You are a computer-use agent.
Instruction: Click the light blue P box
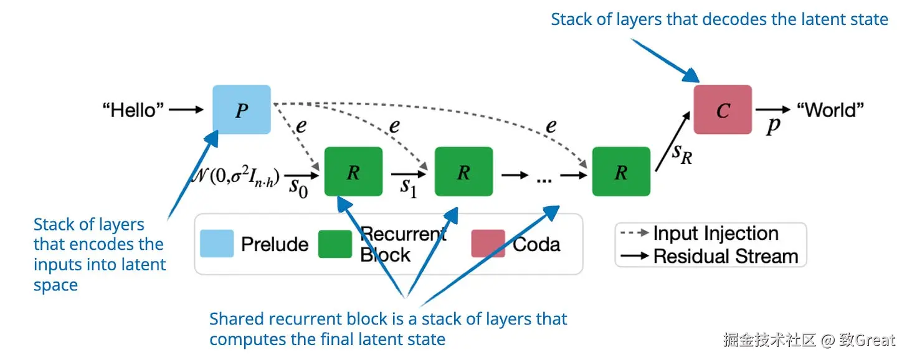pyautogui.click(x=242, y=110)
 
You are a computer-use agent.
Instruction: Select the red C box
pyautogui.click(x=723, y=110)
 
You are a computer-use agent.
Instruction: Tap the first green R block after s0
pyautogui.click(x=353, y=171)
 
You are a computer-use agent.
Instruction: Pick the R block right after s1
pyautogui.click(x=463, y=171)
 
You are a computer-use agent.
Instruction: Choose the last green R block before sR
pyautogui.click(x=621, y=171)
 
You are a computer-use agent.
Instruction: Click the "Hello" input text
pyautogui.click(x=133, y=110)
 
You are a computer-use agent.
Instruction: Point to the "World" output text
pyautogui.click(x=831, y=110)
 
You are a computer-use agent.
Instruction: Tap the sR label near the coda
pyautogui.click(x=682, y=153)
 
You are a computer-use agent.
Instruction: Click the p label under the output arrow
pyautogui.click(x=772, y=126)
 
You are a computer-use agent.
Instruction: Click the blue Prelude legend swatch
pyautogui.click(x=217, y=244)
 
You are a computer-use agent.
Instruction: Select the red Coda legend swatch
pyautogui.click(x=488, y=244)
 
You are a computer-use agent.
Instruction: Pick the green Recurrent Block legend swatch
pyautogui.click(x=335, y=244)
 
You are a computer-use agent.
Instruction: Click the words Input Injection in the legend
pyautogui.click(x=716, y=234)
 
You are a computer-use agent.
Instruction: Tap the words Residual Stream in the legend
pyautogui.click(x=726, y=256)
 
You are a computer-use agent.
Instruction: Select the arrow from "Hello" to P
pyautogui.click(x=186, y=110)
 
